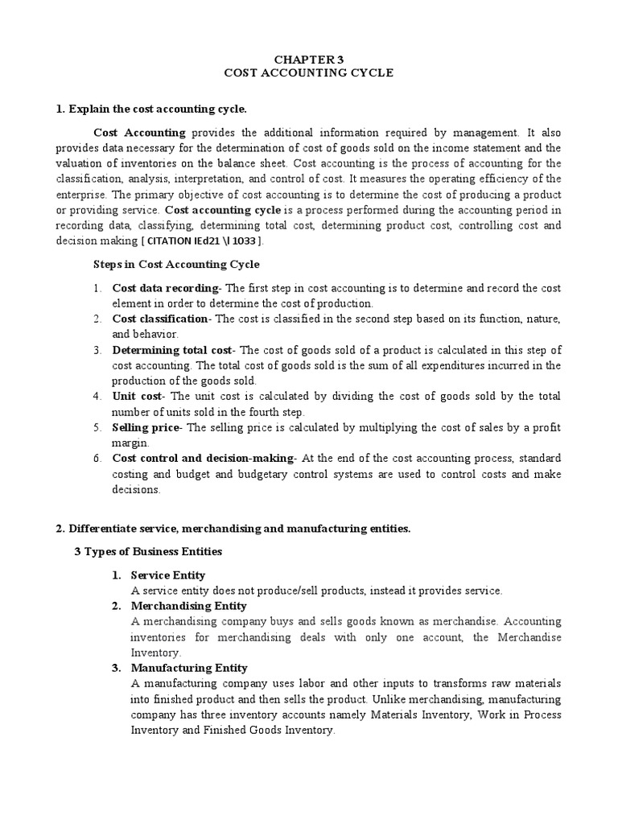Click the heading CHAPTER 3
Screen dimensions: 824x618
(x=308, y=59)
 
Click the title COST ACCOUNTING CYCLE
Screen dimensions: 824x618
(x=308, y=72)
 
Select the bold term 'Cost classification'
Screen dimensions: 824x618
(x=159, y=319)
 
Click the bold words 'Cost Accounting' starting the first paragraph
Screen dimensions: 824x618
(x=139, y=132)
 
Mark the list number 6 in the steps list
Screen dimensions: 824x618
(x=95, y=458)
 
